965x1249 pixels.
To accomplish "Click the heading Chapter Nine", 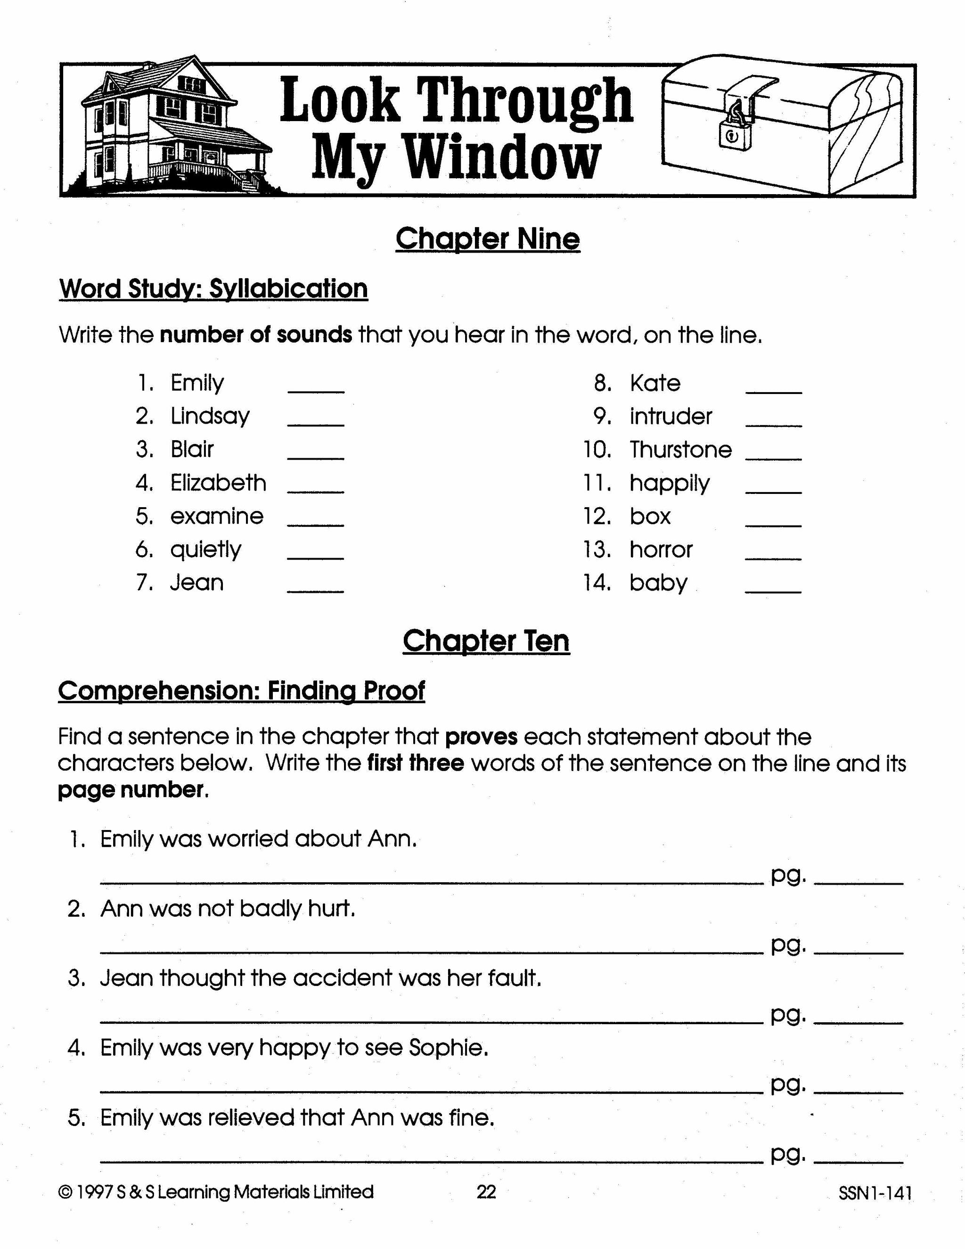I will [x=488, y=239].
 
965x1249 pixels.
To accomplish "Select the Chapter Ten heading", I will [x=486, y=641].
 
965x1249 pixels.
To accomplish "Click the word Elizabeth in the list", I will [x=218, y=483].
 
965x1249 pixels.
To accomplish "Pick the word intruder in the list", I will [x=671, y=416].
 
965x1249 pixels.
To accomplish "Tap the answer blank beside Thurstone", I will [x=774, y=458].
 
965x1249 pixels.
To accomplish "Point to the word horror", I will [x=661, y=550].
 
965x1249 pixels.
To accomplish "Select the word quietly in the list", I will [x=206, y=550].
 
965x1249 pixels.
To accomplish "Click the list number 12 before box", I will [x=597, y=517].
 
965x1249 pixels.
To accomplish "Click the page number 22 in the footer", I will [x=486, y=1192].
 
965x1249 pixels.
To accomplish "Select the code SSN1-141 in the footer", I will [x=875, y=1193].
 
